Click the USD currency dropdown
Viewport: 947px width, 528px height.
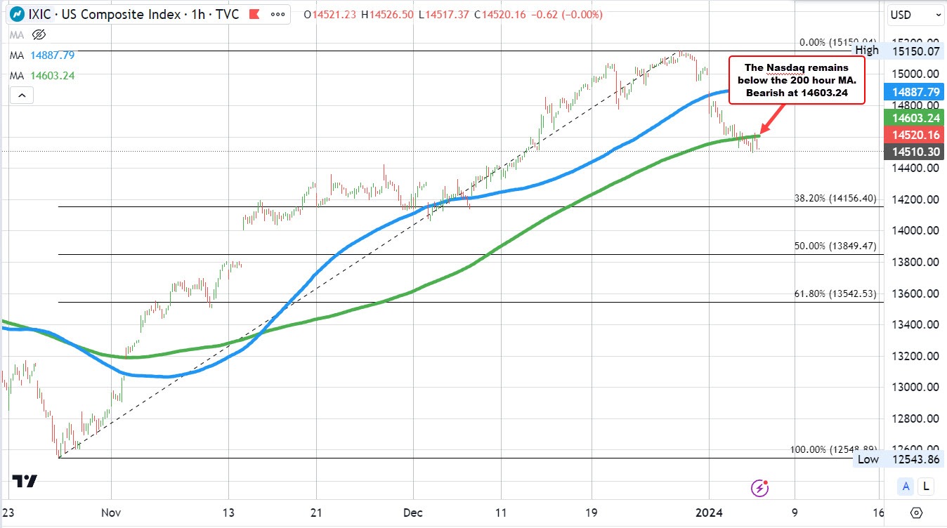click(913, 14)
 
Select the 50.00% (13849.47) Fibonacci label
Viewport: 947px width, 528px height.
click(835, 246)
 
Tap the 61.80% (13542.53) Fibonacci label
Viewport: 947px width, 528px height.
click(835, 293)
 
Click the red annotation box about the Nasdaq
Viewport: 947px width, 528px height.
click(797, 80)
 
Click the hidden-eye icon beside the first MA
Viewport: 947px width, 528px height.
click(39, 34)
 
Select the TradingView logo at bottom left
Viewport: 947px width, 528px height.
click(25, 481)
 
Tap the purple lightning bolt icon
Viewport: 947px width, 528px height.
click(759, 487)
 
